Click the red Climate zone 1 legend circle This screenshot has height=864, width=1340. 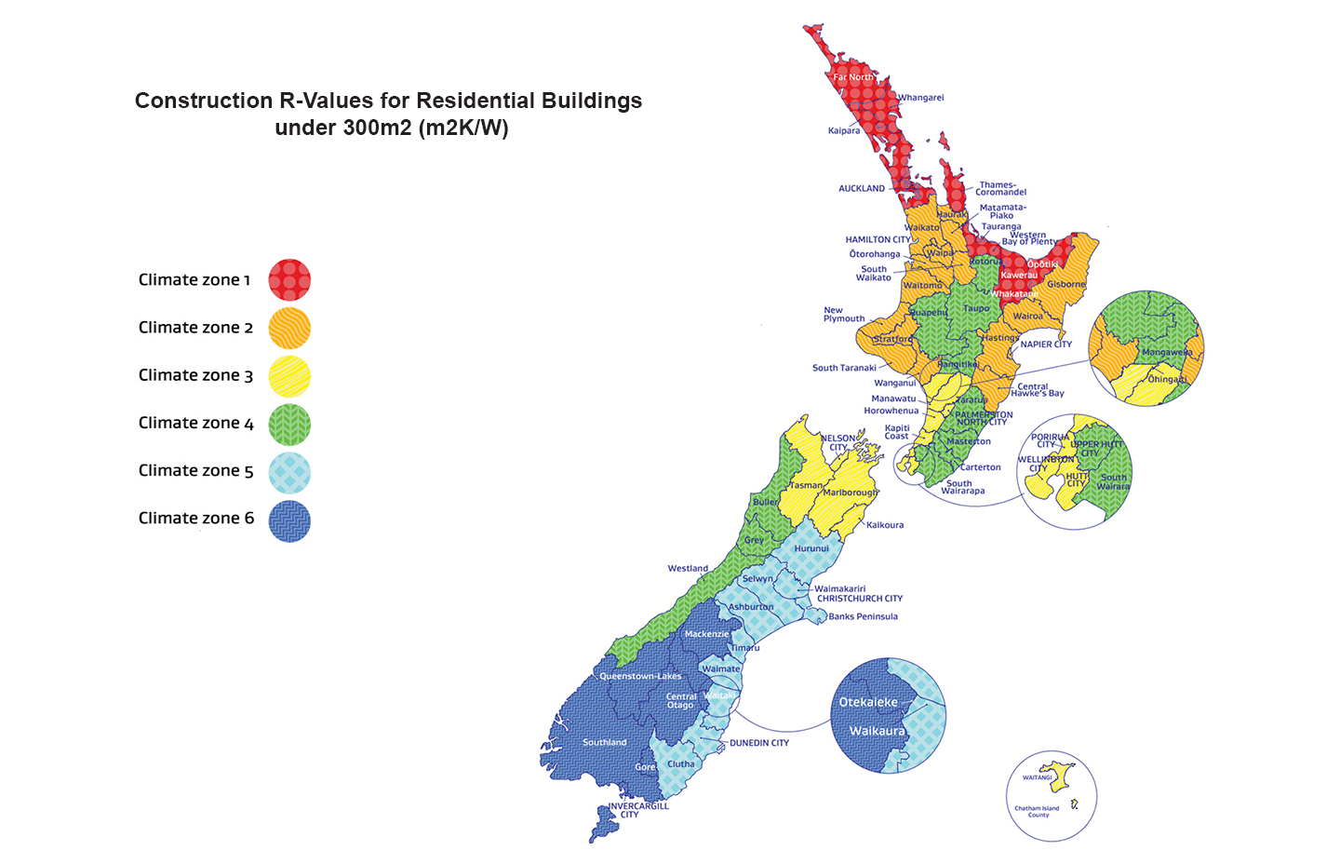[289, 280]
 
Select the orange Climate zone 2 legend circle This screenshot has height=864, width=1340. [289, 328]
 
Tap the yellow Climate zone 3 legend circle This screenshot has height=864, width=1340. [289, 376]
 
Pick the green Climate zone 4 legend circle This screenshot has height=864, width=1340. [289, 424]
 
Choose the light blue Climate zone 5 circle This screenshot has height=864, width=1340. [289, 472]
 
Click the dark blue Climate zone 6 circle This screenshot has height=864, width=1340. [289, 520]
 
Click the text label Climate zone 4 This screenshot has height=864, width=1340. [195, 423]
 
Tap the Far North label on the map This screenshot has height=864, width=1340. [852, 77]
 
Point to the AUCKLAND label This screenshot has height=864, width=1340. [862, 188]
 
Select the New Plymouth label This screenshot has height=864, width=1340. [843, 315]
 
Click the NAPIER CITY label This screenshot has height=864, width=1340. [1046, 344]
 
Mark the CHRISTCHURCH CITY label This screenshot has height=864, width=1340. [860, 599]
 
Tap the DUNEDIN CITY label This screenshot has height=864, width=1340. [758, 743]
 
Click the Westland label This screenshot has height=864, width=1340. [688, 568]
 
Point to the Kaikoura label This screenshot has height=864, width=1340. [884, 525]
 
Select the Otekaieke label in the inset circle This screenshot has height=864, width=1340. [868, 702]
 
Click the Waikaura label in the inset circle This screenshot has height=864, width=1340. [877, 731]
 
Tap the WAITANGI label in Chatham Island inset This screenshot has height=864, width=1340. [1037, 777]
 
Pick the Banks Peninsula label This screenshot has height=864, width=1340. [863, 616]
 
